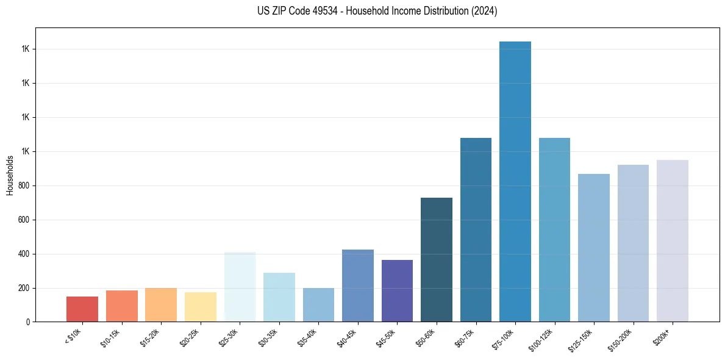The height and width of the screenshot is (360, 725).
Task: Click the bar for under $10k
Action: pos(82,309)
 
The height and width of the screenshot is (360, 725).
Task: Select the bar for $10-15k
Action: pos(121,306)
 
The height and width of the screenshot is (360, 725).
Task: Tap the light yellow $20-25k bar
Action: pos(200,307)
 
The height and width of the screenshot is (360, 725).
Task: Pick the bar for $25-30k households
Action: pos(240,287)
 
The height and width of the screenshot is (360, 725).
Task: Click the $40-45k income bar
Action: pos(358,286)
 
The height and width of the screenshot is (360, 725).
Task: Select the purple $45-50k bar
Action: pos(397,291)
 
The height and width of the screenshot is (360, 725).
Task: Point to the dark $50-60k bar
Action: pos(437,260)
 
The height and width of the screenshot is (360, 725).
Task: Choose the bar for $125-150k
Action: pos(594,248)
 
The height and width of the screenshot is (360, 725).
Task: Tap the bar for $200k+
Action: pos(673,241)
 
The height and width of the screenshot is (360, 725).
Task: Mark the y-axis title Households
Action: pos(10,175)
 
